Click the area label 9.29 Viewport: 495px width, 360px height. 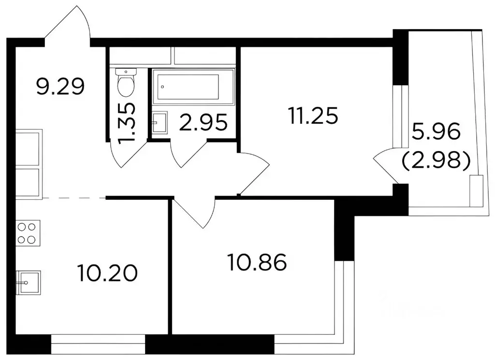(x=60, y=87)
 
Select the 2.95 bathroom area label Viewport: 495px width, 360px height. (x=204, y=122)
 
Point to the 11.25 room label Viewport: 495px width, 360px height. (x=312, y=116)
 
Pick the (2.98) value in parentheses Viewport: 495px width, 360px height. (x=436, y=161)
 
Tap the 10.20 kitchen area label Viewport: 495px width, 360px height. (x=107, y=273)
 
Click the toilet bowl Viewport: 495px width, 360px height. (x=126, y=82)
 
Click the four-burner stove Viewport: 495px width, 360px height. (x=28, y=233)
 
